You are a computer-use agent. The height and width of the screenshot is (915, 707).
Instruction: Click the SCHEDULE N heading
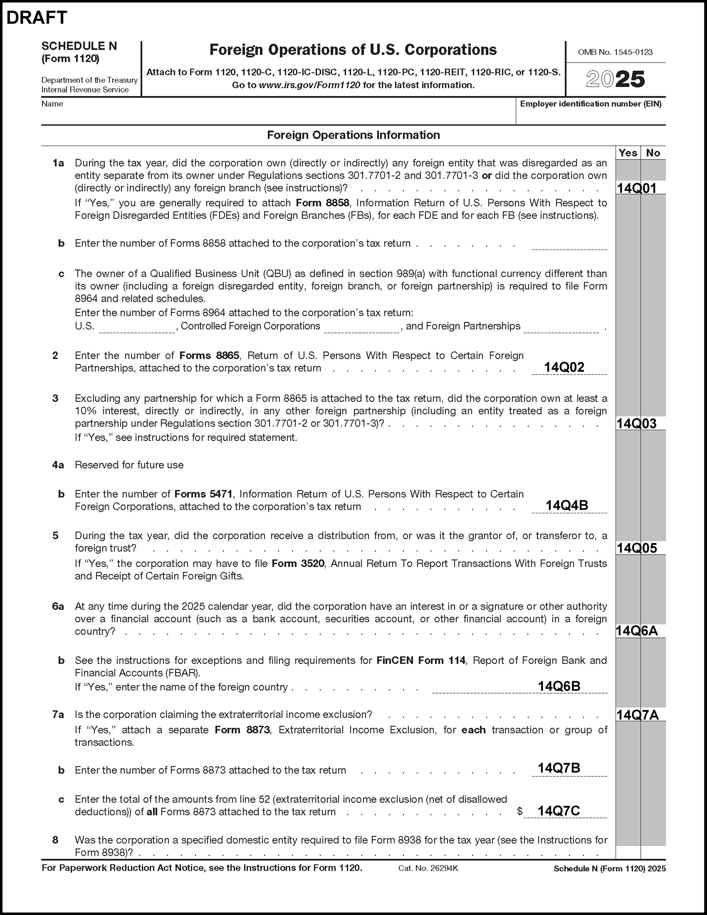[x=79, y=46]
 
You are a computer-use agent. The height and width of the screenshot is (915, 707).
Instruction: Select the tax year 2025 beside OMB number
[x=615, y=79]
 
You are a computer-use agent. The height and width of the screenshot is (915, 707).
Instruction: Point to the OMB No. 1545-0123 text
[x=615, y=52]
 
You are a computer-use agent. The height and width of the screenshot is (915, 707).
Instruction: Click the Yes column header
[x=628, y=153]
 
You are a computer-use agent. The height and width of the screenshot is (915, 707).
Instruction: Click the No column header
[x=653, y=153]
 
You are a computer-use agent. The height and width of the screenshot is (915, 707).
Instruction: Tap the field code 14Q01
[x=636, y=188]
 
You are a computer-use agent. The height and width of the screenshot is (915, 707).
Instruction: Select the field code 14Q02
[x=564, y=367]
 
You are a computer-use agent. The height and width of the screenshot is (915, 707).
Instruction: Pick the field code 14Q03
[x=636, y=423]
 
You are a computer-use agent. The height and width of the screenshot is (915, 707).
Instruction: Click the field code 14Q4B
[x=566, y=505]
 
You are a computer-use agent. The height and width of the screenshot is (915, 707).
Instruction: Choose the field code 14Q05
[x=636, y=548]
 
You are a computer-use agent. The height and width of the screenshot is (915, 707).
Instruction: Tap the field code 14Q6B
[x=559, y=686]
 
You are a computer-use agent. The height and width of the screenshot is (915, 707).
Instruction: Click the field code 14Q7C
[x=559, y=811]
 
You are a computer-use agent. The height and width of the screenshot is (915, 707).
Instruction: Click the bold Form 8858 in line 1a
[x=322, y=203]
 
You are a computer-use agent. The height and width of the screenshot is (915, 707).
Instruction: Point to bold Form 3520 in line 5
[x=298, y=564]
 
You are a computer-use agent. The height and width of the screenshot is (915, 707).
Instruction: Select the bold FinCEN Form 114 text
[x=421, y=661]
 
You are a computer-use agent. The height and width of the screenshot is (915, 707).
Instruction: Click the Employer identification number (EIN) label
[x=590, y=104]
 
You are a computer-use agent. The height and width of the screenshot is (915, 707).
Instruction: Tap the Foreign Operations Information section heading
[x=353, y=135]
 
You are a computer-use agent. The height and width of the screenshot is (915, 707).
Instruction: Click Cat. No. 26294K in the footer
[x=428, y=869]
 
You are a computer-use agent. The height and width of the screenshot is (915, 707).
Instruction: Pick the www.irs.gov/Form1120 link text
[x=309, y=85]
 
